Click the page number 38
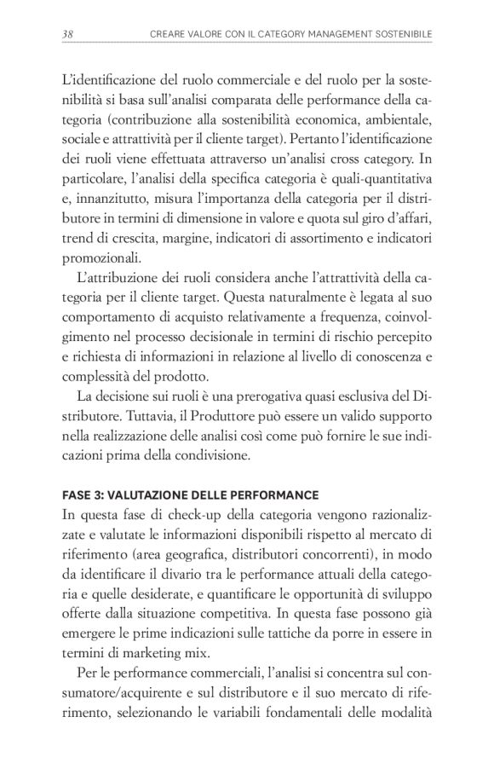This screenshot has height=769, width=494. coord(68,33)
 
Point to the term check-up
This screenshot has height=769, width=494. coord(189,514)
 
